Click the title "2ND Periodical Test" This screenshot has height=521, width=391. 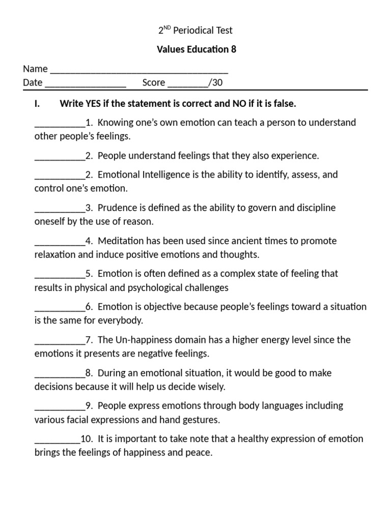[x=195, y=31]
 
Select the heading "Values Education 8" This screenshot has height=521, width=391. [x=195, y=49]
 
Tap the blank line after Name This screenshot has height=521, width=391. [x=139, y=70]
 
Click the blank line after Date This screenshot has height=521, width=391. [x=86, y=83]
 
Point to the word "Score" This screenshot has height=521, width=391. [x=154, y=83]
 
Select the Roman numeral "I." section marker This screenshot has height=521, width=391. [x=37, y=104]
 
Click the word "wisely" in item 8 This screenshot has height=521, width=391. [x=211, y=387]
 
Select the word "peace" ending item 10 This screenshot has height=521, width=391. [x=199, y=452]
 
